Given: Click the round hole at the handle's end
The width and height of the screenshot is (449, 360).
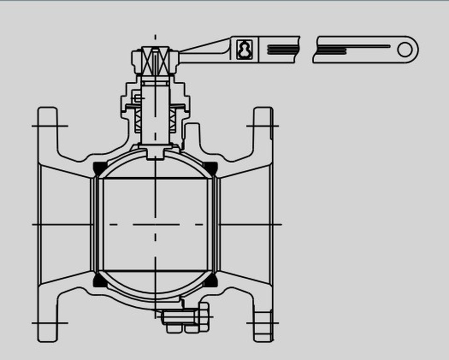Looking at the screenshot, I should pyautogui.click(x=405, y=49).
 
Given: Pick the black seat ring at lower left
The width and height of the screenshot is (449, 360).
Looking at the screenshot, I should pyautogui.click(x=99, y=281).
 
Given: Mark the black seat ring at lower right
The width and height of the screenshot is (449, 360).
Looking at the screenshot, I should pyautogui.click(x=211, y=281).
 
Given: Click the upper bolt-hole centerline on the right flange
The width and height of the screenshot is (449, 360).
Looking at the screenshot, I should pyautogui.click(x=262, y=126).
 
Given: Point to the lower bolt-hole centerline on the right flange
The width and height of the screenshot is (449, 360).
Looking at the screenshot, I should pyautogui.click(x=262, y=323).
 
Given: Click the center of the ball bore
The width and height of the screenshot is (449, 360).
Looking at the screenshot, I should pyautogui.click(x=155, y=224).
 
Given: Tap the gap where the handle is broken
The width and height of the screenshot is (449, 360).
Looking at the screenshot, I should pyautogui.click(x=307, y=50).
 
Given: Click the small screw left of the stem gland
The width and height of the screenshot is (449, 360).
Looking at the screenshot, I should pyautogui.click(x=137, y=98).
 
